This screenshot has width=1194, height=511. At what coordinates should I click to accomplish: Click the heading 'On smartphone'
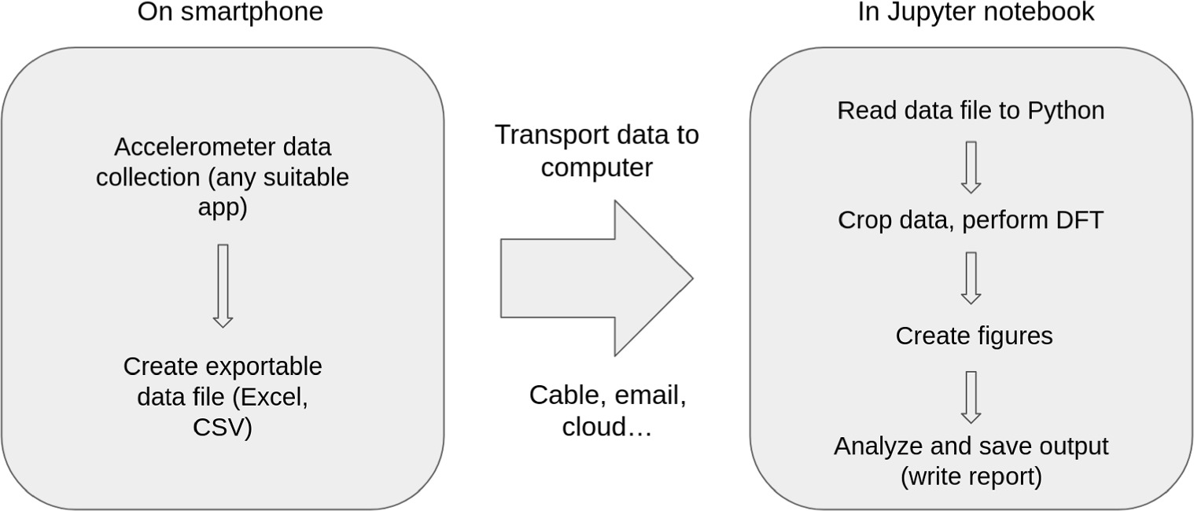(230, 13)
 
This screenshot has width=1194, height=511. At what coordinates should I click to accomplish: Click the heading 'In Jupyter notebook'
(975, 13)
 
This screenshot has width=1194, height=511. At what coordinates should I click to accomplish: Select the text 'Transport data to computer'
(596, 151)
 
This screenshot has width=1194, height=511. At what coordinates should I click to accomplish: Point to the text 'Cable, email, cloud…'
(607, 410)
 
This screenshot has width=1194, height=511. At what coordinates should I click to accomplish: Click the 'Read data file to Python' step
(971, 111)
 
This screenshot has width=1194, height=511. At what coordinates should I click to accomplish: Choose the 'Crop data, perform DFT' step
(971, 220)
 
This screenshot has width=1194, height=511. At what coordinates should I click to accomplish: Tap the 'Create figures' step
(974, 336)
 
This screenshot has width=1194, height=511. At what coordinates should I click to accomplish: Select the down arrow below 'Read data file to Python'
(971, 167)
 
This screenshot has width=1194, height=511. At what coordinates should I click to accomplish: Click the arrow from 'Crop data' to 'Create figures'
(971, 278)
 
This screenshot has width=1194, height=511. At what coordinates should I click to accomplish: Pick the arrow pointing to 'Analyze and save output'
(971, 397)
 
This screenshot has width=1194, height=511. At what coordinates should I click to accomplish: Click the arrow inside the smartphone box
(223, 285)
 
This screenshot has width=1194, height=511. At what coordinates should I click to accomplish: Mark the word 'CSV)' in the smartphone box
(223, 428)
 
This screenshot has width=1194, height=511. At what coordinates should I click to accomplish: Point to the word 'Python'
(1066, 111)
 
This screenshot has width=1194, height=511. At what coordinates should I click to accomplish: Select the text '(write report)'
(971, 477)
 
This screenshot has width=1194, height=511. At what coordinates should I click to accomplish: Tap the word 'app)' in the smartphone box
(223, 208)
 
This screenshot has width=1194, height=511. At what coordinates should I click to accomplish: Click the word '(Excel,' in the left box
(273, 398)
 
